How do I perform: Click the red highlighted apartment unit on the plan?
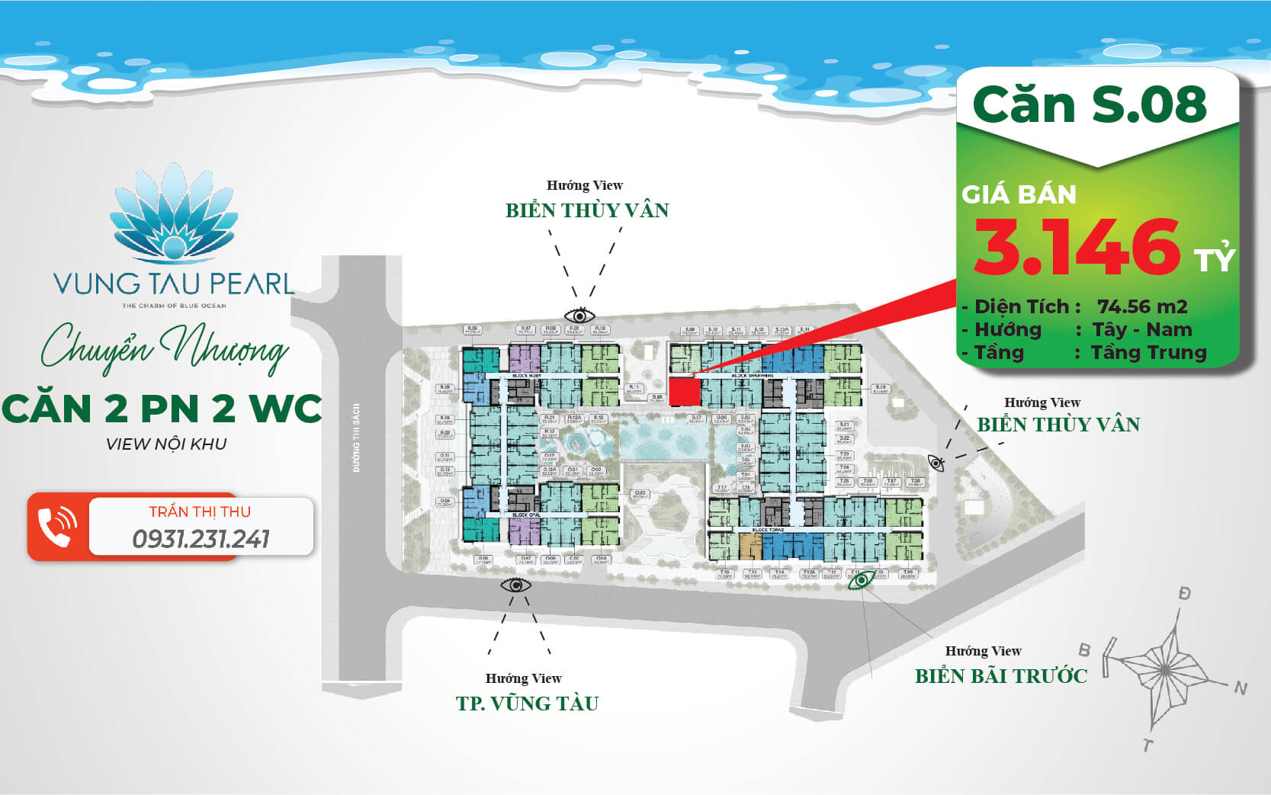(x=684, y=392)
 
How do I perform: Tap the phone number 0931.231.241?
(x=201, y=539)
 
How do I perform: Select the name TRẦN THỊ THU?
(x=200, y=511)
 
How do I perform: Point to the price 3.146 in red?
(x=1077, y=247)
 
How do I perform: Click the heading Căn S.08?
(x=1090, y=104)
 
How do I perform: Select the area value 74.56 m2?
(x=1142, y=306)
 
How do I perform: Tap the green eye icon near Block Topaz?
(x=862, y=581)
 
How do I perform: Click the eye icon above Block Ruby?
(x=579, y=315)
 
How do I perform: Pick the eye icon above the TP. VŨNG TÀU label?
(x=515, y=585)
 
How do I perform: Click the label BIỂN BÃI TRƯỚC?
(x=1000, y=676)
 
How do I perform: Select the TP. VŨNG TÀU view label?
(x=527, y=703)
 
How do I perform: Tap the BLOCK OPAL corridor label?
(x=526, y=516)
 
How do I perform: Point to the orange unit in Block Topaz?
(x=751, y=546)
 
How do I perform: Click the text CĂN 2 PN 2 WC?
(x=162, y=409)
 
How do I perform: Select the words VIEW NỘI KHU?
(x=166, y=444)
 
